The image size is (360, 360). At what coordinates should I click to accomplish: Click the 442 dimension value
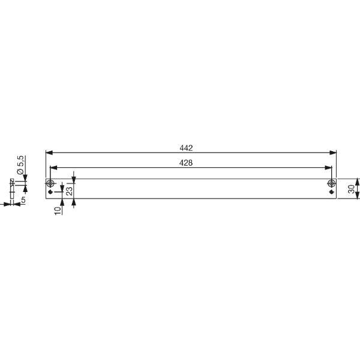tap(186, 148)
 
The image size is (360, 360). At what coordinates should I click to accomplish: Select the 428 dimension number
tap(186, 163)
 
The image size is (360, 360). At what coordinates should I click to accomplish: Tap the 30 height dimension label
tap(351, 189)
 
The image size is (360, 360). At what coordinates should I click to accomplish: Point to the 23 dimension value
tap(70, 191)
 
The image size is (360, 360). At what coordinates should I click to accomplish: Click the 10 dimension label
tap(58, 211)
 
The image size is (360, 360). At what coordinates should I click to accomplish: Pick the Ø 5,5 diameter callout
tap(20, 164)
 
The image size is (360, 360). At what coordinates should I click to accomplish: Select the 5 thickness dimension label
tap(23, 200)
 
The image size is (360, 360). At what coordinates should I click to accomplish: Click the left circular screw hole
tap(50, 184)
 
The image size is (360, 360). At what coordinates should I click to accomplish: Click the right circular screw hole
tap(332, 184)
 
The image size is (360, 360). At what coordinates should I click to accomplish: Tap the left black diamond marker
tap(50, 192)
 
